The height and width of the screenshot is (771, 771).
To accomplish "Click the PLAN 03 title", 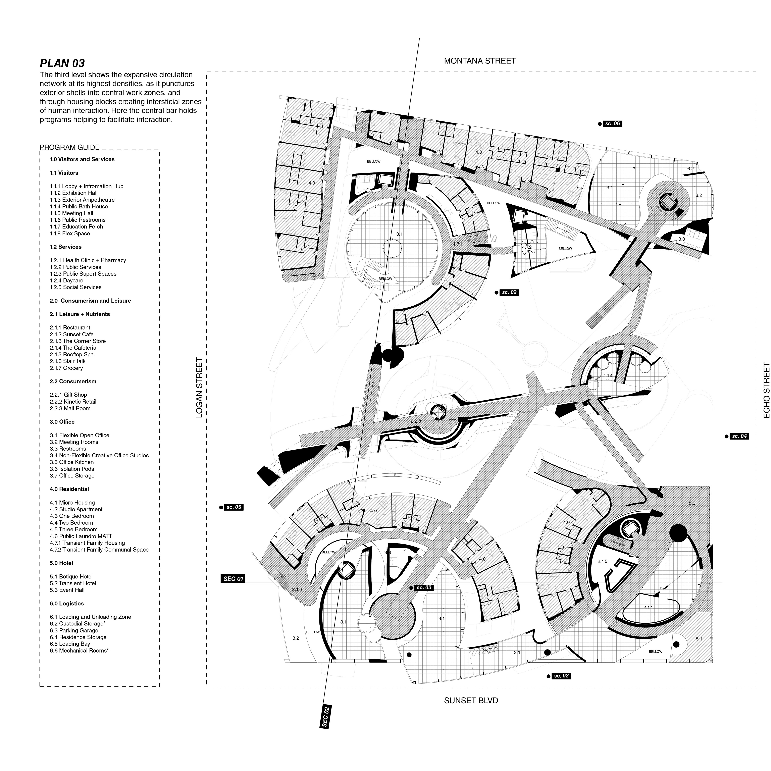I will pyautogui.click(x=62, y=63).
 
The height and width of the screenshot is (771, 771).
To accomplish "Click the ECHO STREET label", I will pyautogui.click(x=766, y=390).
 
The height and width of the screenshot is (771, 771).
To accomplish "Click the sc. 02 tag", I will pyautogui.click(x=509, y=293).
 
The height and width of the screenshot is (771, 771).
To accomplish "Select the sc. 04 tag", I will pyautogui.click(x=739, y=436).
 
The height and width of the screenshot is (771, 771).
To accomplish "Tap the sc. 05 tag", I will pyautogui.click(x=234, y=507).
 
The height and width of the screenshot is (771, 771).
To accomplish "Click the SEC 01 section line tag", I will pyautogui.click(x=234, y=579).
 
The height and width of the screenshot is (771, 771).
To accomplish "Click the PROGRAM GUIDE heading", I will pyautogui.click(x=70, y=147).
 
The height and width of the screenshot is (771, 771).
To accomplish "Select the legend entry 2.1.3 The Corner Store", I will pyautogui.click(x=78, y=341).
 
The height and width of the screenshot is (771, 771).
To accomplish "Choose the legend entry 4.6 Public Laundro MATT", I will pyautogui.click(x=81, y=536).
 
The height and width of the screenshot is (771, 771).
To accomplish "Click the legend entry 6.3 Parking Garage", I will pyautogui.click(x=74, y=630).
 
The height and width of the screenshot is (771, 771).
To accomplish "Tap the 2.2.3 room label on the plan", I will pyautogui.click(x=415, y=421).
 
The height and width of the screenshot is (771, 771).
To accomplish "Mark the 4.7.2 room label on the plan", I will pyautogui.click(x=527, y=247).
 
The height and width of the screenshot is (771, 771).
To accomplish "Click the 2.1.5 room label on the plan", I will pyautogui.click(x=602, y=561).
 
